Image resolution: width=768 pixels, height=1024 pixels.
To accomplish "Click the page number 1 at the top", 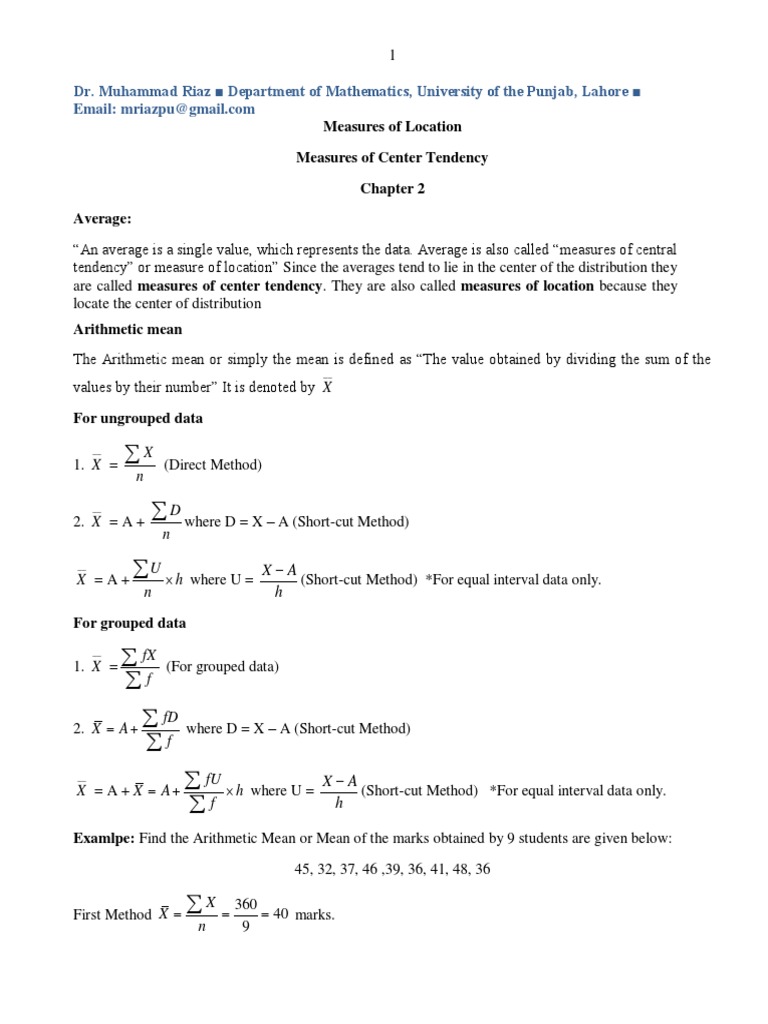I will click(393, 55).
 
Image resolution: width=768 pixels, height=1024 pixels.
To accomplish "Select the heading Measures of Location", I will click(392, 126).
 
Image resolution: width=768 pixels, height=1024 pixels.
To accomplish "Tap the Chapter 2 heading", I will click(392, 189).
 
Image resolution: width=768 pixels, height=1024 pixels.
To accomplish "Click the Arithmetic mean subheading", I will click(128, 328).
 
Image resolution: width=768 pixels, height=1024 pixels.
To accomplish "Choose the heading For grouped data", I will click(130, 623).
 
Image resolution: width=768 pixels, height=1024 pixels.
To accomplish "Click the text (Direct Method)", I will click(212, 465).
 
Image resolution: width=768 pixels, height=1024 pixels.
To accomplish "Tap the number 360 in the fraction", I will click(246, 903).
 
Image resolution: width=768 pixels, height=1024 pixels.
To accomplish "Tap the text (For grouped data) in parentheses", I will click(222, 667).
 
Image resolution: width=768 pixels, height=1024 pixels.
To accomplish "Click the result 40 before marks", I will click(280, 913).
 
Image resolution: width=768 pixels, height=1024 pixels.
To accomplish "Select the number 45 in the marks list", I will click(303, 869).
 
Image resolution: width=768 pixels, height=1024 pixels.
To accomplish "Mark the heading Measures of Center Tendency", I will click(392, 157).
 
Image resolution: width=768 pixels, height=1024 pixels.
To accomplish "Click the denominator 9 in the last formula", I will click(246, 927).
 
